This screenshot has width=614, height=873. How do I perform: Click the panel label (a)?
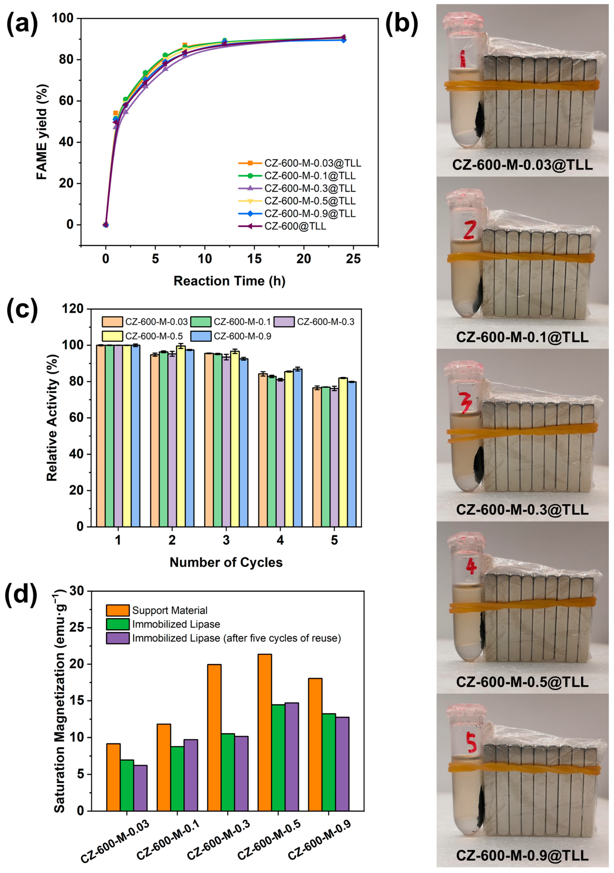click(22, 24)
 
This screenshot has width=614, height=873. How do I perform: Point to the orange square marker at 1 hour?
click(116, 113)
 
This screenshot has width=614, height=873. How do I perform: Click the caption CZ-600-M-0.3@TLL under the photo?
click(522, 509)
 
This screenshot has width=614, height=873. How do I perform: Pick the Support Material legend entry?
click(170, 610)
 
